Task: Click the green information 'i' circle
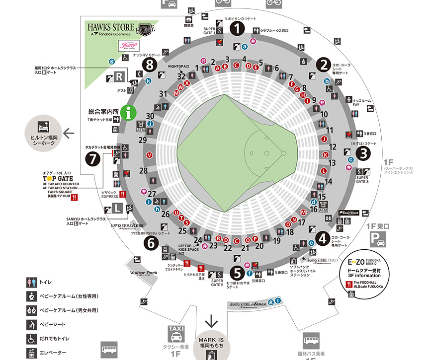129,113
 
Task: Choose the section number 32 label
181,76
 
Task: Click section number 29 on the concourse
143,140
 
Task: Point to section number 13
332,162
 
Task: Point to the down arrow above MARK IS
212,321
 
